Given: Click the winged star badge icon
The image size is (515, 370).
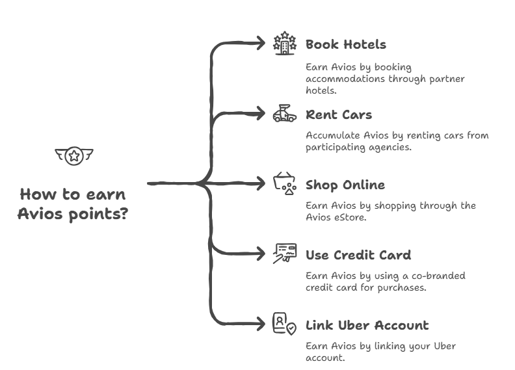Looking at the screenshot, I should (x=73, y=156).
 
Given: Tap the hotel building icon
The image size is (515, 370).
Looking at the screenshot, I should (x=284, y=44).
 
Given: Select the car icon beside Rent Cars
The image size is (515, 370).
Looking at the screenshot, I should (x=284, y=114).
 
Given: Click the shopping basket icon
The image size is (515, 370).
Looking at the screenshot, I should (x=284, y=185).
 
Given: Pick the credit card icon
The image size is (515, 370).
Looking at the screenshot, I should (x=284, y=254).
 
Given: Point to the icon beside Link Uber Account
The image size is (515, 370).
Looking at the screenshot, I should (x=284, y=324).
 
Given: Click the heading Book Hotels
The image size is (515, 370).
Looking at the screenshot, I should (x=345, y=45).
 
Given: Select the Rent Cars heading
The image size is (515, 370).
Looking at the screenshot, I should (x=339, y=115).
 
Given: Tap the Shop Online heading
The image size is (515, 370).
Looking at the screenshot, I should (x=345, y=185).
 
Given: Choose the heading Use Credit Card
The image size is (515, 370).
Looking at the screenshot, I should (x=358, y=255).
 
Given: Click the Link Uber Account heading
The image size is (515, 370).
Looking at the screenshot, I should (x=367, y=325).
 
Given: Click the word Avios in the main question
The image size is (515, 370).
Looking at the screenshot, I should (x=37, y=213).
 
